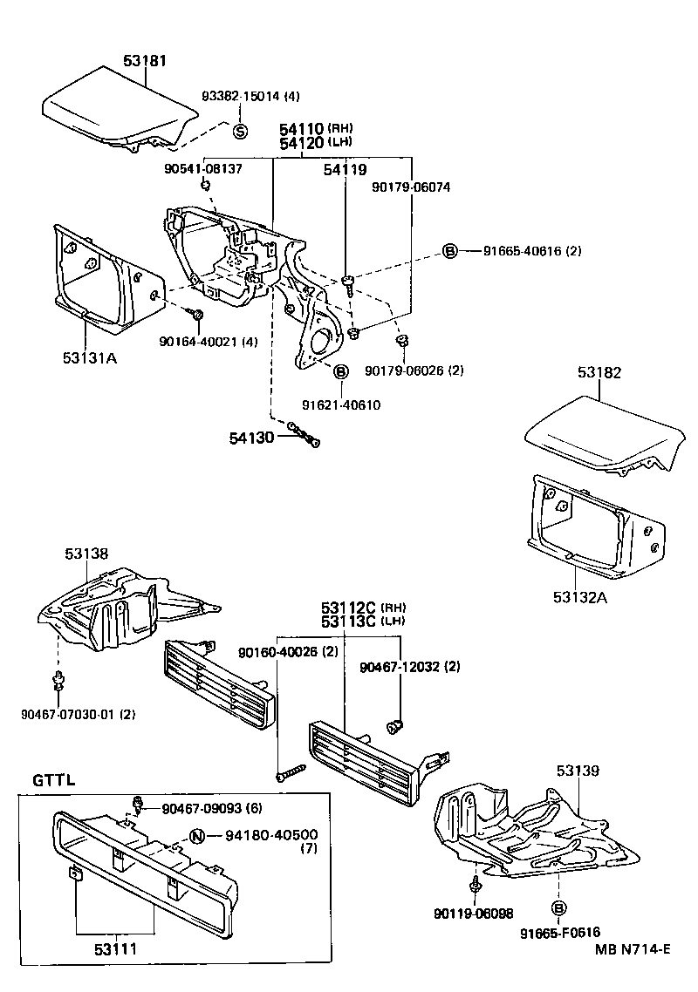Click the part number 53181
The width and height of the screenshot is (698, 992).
[145, 61]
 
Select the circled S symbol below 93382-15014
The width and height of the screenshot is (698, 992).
[241, 132]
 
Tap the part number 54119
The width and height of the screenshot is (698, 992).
[346, 170]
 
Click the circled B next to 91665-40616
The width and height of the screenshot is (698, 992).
[450, 251]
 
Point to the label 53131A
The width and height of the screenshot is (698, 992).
[90, 357]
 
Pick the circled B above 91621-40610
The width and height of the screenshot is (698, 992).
[341, 372]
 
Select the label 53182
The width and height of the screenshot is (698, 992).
[599, 372]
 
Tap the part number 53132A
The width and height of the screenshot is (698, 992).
[580, 596]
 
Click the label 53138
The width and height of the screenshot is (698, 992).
[86, 553]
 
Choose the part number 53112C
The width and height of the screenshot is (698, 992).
[346, 607]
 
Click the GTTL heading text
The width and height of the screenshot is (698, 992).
[54, 779]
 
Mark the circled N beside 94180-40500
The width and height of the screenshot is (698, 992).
[197, 837]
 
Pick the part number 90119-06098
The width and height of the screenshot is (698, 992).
[473, 914]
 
